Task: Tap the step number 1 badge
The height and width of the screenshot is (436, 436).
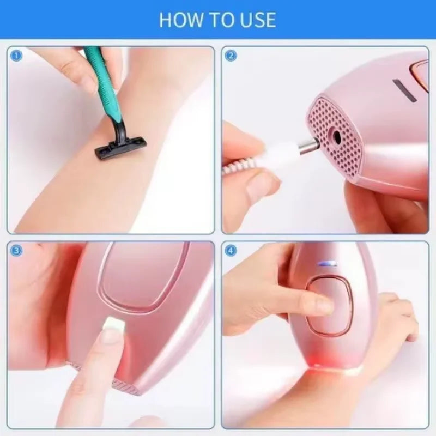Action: coord(16,55)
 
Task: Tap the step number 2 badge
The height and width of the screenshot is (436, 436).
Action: coord(231,55)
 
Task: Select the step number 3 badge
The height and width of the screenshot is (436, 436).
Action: coord(16,251)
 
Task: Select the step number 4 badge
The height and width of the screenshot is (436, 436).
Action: coord(231,251)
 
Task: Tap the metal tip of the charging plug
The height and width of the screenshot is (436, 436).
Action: coord(308,146)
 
